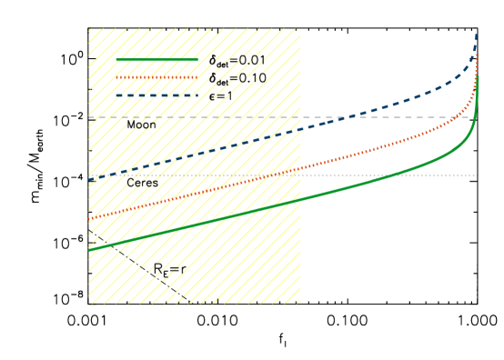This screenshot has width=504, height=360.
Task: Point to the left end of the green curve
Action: click(89, 248)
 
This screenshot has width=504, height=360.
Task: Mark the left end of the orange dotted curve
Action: click(89, 220)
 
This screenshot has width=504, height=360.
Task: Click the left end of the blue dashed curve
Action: click(89, 180)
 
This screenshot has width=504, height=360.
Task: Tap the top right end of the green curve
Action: click(478, 78)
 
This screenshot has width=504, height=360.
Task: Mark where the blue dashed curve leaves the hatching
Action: click(300, 129)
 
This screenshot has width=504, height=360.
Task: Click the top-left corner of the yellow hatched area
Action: click(88, 28)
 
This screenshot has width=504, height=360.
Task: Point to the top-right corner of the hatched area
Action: click(300, 28)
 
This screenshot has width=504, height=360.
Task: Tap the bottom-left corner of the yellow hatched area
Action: click(88, 303)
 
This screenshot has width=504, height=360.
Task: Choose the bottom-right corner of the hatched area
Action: click(300, 303)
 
